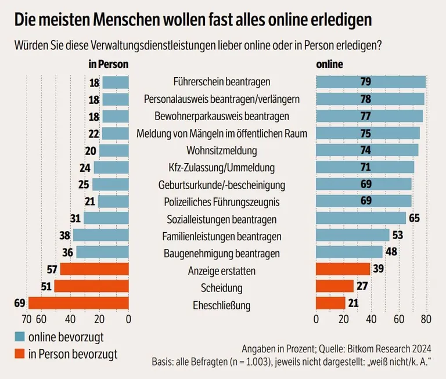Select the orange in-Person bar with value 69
point(78,303)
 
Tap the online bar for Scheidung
point(334,286)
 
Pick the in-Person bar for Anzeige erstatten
point(94,269)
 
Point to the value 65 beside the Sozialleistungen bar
point(414,219)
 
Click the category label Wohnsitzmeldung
point(222,151)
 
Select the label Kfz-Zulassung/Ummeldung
point(222,168)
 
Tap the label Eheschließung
point(222,305)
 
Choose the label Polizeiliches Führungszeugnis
point(222,202)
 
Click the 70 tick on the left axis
point(26,319)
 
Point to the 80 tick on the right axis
point(426,319)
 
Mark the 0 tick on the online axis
point(316,319)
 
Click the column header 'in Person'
point(108,64)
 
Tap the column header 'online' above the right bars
point(329,64)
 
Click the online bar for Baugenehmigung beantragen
point(349,252)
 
